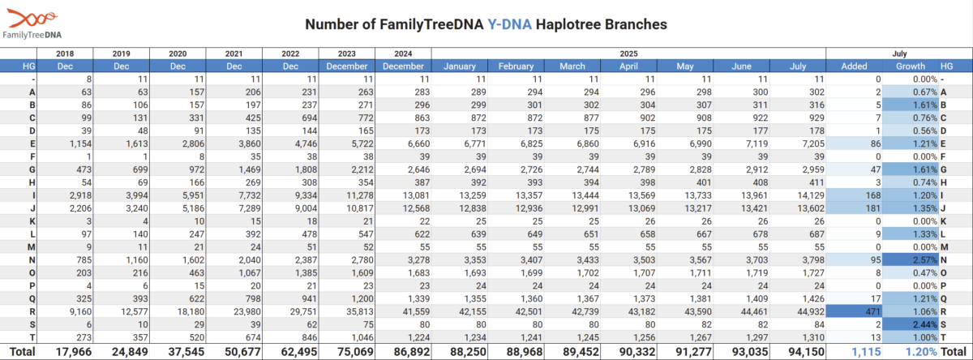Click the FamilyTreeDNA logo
point(32,24)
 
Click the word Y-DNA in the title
point(509,24)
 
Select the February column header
point(516,66)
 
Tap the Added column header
point(854,66)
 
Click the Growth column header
point(911,66)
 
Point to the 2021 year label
point(234,54)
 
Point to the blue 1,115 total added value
point(866,352)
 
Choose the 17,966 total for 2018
point(74,352)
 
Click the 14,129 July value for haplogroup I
point(811,195)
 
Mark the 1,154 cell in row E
point(80,144)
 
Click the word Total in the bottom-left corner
point(22,352)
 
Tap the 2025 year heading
point(628,54)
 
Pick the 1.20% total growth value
point(921,352)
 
